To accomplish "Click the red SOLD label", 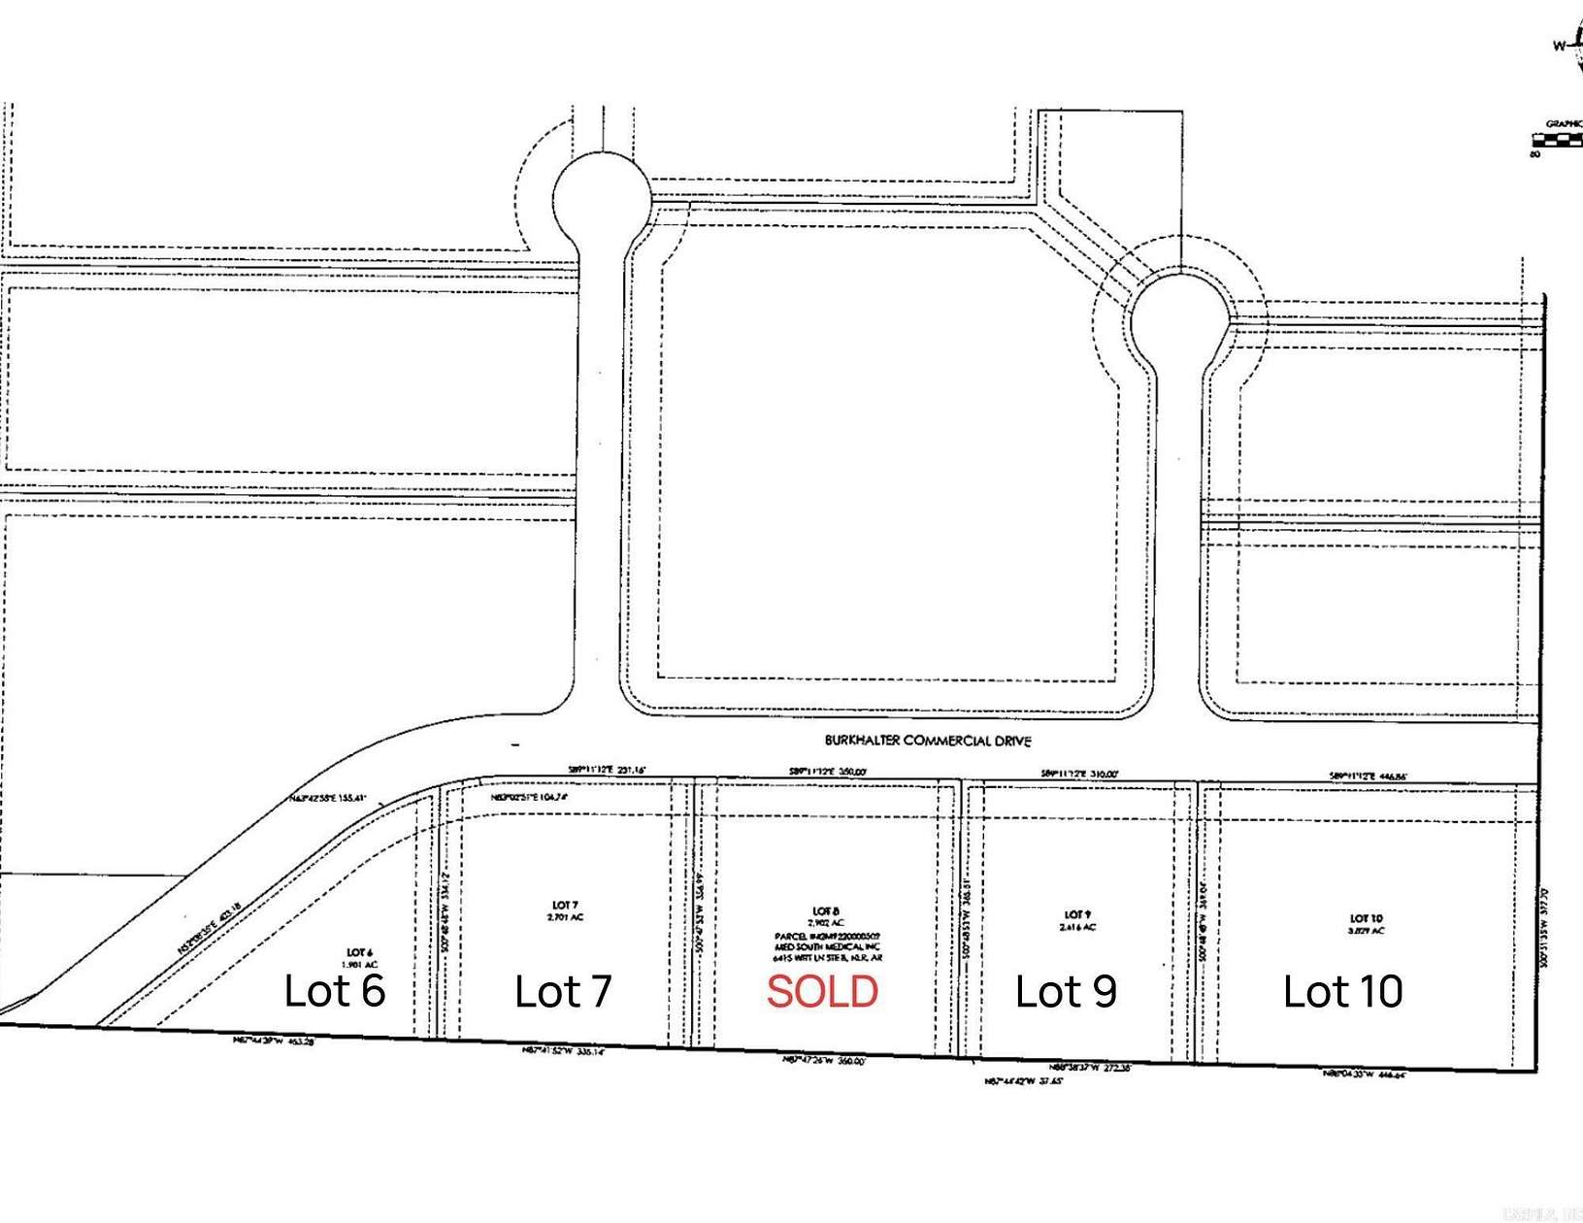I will coord(822,992).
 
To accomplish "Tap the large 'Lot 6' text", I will coord(335,991).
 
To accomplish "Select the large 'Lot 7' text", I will coord(563,992).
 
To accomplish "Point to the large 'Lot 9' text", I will coord(1066,992).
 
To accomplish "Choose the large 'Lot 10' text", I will coord(1342,992).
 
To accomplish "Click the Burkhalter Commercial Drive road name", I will coord(928,741).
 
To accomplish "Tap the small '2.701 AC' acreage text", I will coord(567,917).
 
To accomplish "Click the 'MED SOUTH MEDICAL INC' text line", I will coord(827,945).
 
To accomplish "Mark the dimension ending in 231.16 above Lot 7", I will coord(607,771).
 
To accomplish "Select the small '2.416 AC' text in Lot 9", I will coord(1077,927).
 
